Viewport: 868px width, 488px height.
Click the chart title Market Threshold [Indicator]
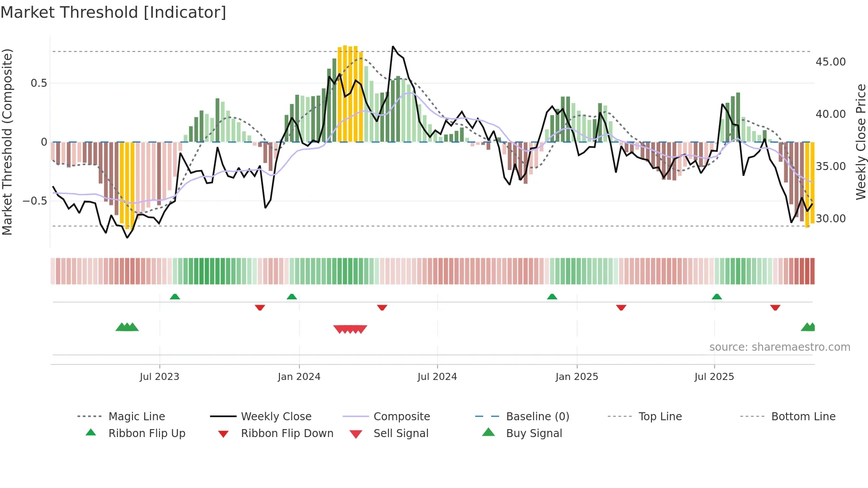[x=113, y=12]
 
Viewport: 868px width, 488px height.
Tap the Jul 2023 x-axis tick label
[x=159, y=377]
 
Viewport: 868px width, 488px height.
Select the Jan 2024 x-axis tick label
[x=299, y=377]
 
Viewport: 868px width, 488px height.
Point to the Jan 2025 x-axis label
[x=577, y=377]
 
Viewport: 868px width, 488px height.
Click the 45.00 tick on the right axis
[x=830, y=62]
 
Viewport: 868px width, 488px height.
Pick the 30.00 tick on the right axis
[x=830, y=219]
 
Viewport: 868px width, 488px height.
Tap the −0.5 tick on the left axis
[x=35, y=201]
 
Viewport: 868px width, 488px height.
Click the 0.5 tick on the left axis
[x=39, y=83]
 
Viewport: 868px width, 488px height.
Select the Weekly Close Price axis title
[x=860, y=142]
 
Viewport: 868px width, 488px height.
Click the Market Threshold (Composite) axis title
[x=7, y=142]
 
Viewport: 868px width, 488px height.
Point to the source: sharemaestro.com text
[x=779, y=347]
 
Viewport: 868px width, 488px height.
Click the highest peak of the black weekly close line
[x=393, y=46]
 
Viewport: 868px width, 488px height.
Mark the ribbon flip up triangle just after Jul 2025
[x=717, y=297]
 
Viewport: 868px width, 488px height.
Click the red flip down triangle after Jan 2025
[x=621, y=307]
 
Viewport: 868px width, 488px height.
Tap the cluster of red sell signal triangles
[x=350, y=329]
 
